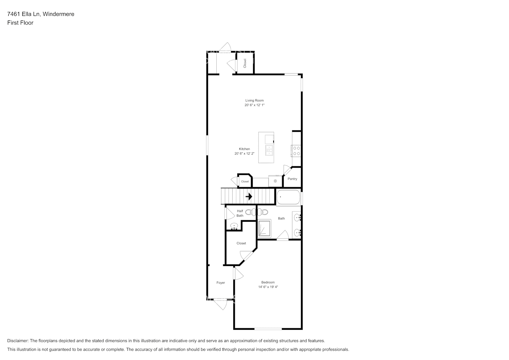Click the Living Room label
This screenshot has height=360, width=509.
pyautogui.click(x=254, y=100)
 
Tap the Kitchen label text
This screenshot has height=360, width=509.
pyautogui.click(x=244, y=149)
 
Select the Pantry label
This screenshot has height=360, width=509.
pyautogui.click(x=292, y=179)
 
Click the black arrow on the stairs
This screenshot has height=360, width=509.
pyautogui.click(x=249, y=197)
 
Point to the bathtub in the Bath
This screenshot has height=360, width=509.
pyautogui.click(x=288, y=197)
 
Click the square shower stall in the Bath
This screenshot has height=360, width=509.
pyautogui.click(x=265, y=229)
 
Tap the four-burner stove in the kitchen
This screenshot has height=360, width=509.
pyautogui.click(x=297, y=150)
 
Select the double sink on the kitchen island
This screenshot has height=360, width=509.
pyautogui.click(x=269, y=150)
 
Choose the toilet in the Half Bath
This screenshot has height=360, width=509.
pyautogui.click(x=249, y=212)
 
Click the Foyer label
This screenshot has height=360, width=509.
pyautogui.click(x=221, y=283)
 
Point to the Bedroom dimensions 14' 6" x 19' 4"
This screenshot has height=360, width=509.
pyautogui.click(x=268, y=287)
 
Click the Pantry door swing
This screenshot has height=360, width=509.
pyautogui.click(x=287, y=170)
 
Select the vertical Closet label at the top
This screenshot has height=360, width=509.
pyautogui.click(x=245, y=63)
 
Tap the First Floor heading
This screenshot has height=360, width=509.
pyautogui.click(x=20, y=23)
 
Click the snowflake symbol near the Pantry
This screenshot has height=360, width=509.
pyautogui.click(x=275, y=181)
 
